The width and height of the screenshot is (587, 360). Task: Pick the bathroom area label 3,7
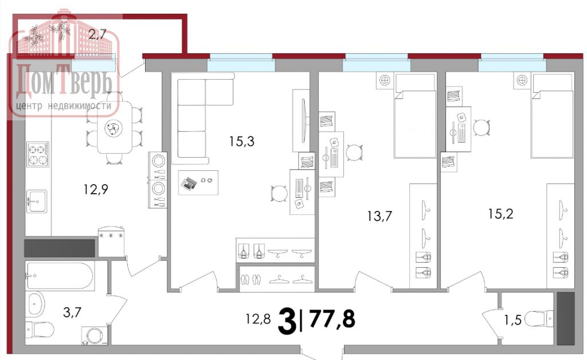pyautogui.click(x=71, y=312)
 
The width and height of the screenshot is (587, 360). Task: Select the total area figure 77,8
pyautogui.click(x=332, y=318)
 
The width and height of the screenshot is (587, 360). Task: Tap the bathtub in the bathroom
pyautogui.click(x=59, y=276)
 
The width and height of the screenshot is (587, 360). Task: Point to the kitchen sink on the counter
pyautogui.click(x=37, y=201)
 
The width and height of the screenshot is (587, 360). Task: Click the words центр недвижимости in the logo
pyautogui.click(x=64, y=107)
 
